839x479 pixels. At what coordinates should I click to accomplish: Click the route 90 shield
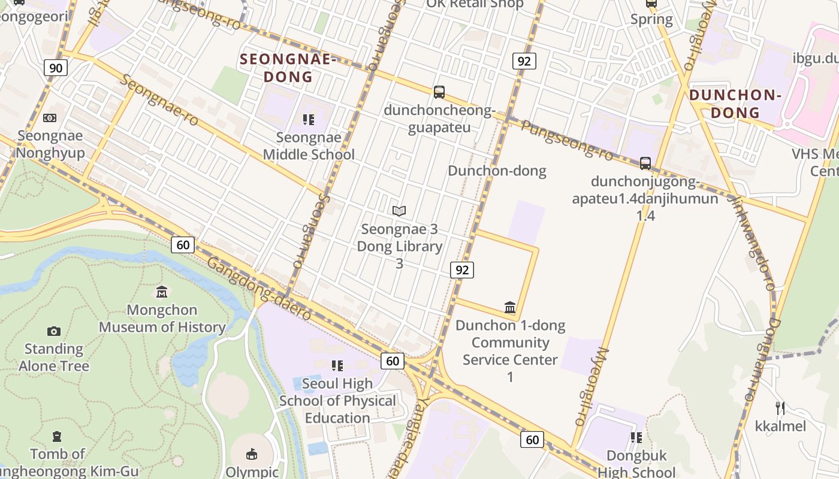coord(55,68)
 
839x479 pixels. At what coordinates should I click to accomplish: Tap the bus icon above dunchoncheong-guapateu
coord(439,92)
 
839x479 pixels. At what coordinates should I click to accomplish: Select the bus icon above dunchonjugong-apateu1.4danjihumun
coord(645,163)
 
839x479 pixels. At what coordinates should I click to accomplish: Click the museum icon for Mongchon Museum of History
coord(162,292)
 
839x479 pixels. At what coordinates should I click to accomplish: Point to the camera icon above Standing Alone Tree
coord(54,331)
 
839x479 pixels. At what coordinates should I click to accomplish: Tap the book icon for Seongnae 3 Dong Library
coord(399,211)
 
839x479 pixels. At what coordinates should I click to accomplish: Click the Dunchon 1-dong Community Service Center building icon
coord(510,308)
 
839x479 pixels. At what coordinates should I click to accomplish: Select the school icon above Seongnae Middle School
coord(309,120)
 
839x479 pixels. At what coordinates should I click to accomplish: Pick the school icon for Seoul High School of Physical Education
coord(337,365)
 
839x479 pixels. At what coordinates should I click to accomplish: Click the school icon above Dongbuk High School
coord(636,438)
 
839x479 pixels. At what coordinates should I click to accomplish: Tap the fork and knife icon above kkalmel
coord(780,408)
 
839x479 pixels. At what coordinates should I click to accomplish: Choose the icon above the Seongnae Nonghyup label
coord(50,118)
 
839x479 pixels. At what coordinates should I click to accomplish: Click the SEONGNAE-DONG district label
coord(289,68)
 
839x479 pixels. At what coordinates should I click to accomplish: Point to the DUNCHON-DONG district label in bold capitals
coord(735,104)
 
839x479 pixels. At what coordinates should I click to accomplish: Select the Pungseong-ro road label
coord(567,140)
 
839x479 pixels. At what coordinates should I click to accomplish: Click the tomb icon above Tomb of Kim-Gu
coord(57,436)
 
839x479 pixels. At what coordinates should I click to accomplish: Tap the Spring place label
coord(651,19)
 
